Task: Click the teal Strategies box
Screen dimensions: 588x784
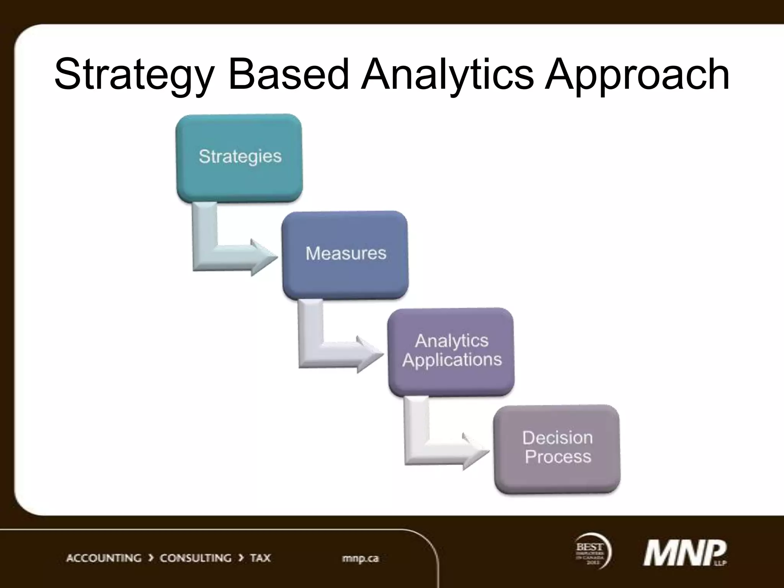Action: coord(239,158)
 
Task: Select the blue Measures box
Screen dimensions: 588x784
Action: coord(345,255)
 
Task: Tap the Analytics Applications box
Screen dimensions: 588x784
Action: coord(451,351)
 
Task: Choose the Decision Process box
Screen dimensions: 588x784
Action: coord(557,449)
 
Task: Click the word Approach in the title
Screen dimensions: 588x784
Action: coord(637,75)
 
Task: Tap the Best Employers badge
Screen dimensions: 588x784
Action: coord(592,551)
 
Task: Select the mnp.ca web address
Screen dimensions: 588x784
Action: coord(360,559)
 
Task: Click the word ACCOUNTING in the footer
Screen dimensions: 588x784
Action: coord(104,558)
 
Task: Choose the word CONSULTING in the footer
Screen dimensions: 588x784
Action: coord(195,558)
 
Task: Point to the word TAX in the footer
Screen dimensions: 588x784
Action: coord(260,558)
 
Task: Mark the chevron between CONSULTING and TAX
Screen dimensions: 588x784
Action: coord(241,558)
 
